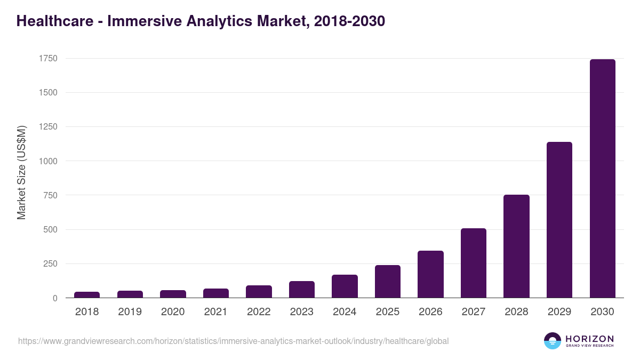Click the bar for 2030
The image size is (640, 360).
[x=602, y=179]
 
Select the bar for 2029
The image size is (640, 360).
[x=559, y=220]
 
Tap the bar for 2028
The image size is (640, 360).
[x=516, y=246]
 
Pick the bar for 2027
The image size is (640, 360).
[x=474, y=263]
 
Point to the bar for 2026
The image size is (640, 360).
[x=430, y=274]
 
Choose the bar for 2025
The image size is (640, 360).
[x=388, y=282]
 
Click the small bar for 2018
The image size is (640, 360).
[x=87, y=294]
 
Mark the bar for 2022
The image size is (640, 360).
[x=259, y=291]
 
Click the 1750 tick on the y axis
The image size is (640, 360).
[x=47, y=58]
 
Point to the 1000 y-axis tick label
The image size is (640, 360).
[x=47, y=161]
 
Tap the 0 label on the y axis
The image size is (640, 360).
[x=54, y=298]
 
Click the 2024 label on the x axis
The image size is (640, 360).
[x=345, y=312]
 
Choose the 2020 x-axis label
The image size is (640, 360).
[x=173, y=312]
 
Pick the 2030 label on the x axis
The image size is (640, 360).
[x=602, y=312]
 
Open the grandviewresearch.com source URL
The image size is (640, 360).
[x=233, y=341]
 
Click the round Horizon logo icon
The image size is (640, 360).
[x=552, y=341]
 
